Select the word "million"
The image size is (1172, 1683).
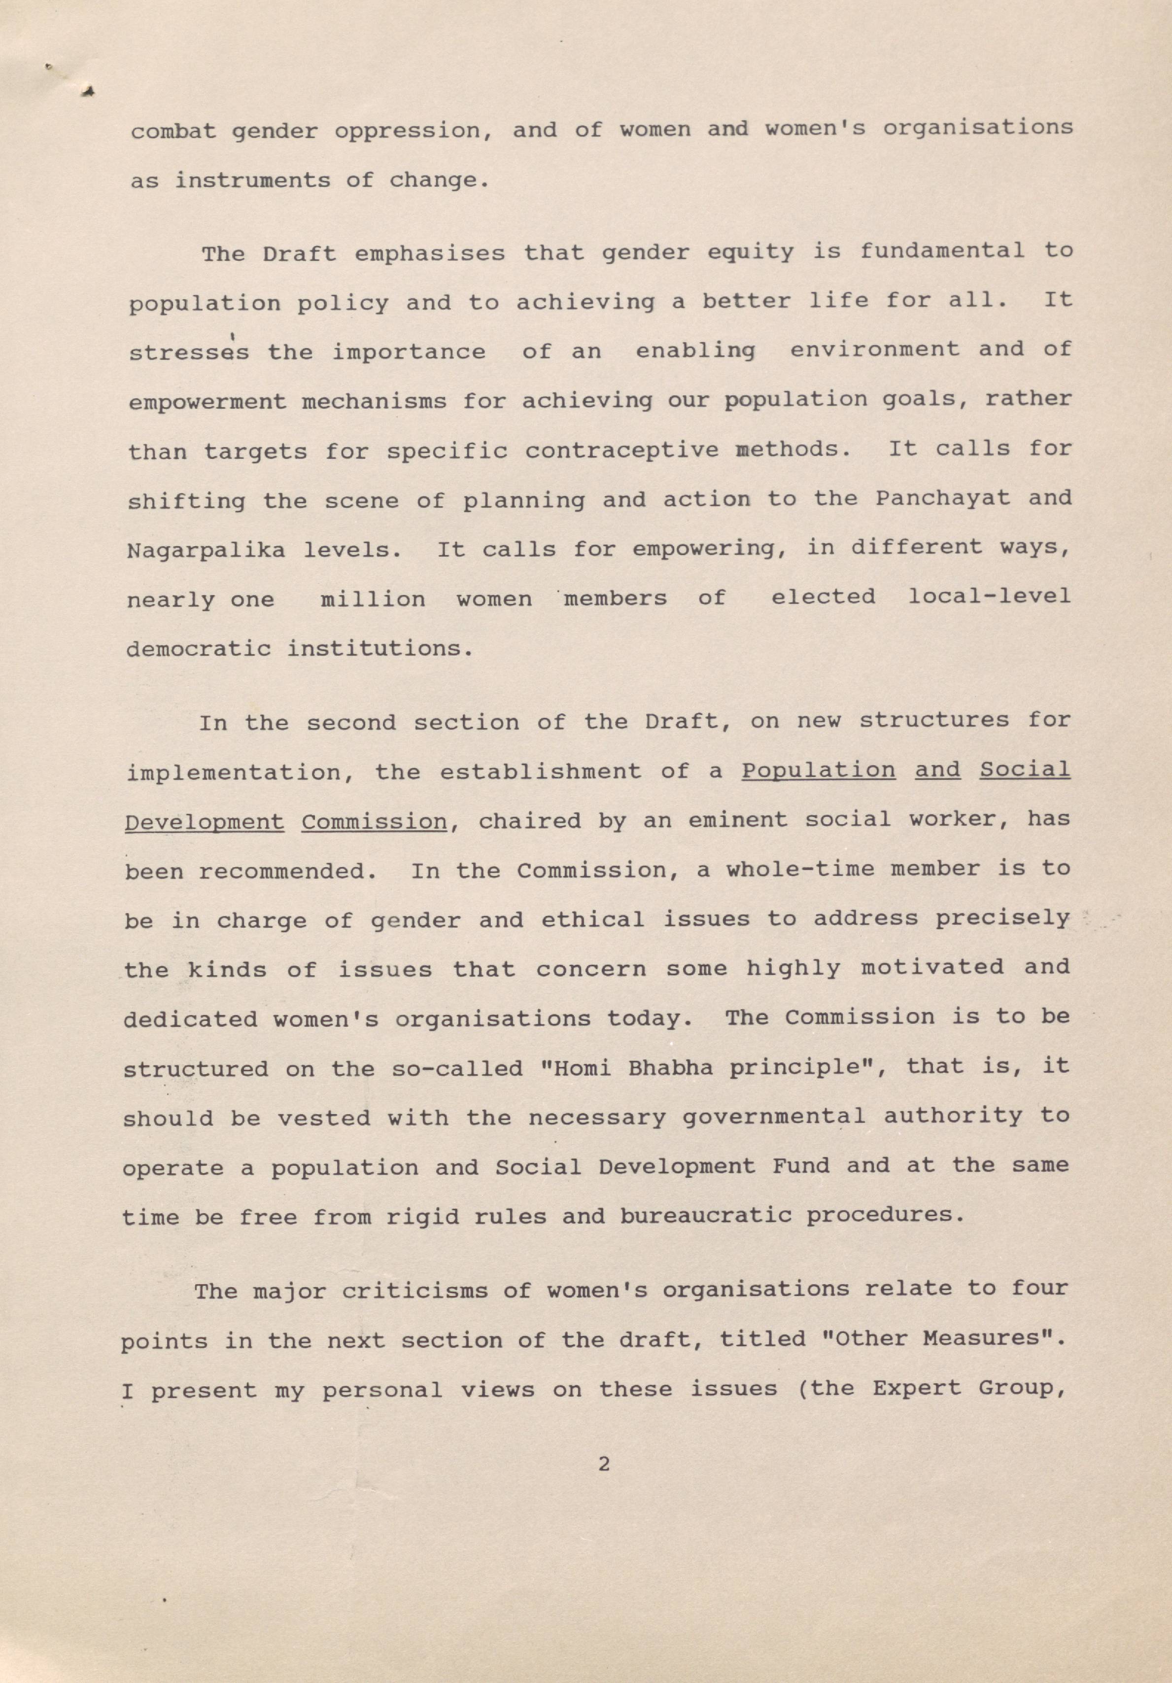tap(373, 599)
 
